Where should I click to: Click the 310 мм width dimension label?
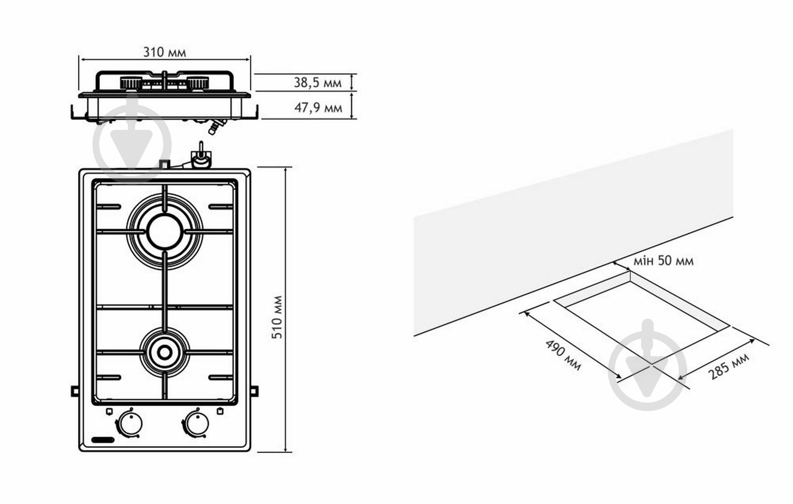(165, 52)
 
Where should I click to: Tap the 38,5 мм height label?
(318, 83)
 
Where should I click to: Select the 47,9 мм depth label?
(318, 108)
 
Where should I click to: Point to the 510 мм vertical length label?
(277, 317)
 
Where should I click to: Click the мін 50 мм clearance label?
(663, 261)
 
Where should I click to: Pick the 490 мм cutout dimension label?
(563, 355)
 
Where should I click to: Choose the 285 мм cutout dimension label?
(729, 367)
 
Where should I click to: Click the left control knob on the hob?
(130, 423)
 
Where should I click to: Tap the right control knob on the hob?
(196, 423)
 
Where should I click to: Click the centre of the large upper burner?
(165, 231)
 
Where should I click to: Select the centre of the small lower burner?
(165, 352)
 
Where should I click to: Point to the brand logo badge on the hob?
(103, 440)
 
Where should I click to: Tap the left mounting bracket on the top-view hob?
(75, 392)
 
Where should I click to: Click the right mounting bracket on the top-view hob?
(254, 392)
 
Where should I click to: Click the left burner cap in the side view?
(131, 83)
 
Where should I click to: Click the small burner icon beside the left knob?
(110, 411)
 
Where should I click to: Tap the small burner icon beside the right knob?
(220, 411)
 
